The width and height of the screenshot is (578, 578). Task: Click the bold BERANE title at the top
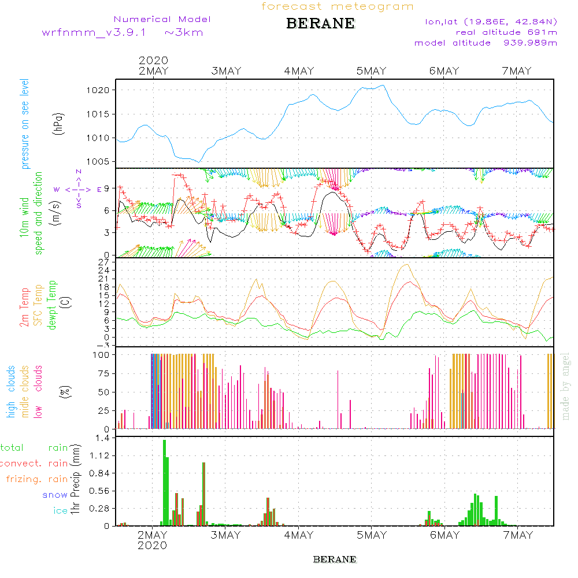click(320, 24)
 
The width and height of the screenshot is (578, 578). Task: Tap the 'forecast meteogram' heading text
click(338, 6)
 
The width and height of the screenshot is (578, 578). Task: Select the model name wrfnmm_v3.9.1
click(94, 32)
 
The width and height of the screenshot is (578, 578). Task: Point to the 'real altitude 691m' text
click(506, 32)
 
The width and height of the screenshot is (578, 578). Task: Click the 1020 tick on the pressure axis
click(98, 90)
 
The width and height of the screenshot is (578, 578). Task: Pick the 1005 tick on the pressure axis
click(98, 162)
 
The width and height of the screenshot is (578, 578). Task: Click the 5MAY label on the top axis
click(371, 71)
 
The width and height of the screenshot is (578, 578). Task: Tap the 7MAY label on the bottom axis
click(518, 535)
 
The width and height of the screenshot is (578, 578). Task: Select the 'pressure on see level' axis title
click(25, 124)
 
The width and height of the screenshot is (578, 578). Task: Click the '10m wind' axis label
click(24, 217)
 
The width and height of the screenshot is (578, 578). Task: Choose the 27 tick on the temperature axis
click(103, 262)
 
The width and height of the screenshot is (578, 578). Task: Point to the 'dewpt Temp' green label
click(52, 305)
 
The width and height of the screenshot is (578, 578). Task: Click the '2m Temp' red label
click(24, 307)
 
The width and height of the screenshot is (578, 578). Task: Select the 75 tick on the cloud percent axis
click(103, 373)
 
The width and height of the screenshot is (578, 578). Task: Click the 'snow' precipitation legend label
click(54, 495)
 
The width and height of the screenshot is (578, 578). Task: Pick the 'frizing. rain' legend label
click(37, 479)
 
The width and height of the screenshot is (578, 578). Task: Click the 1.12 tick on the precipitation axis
click(99, 455)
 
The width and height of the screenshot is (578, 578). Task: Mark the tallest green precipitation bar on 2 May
click(164, 483)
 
